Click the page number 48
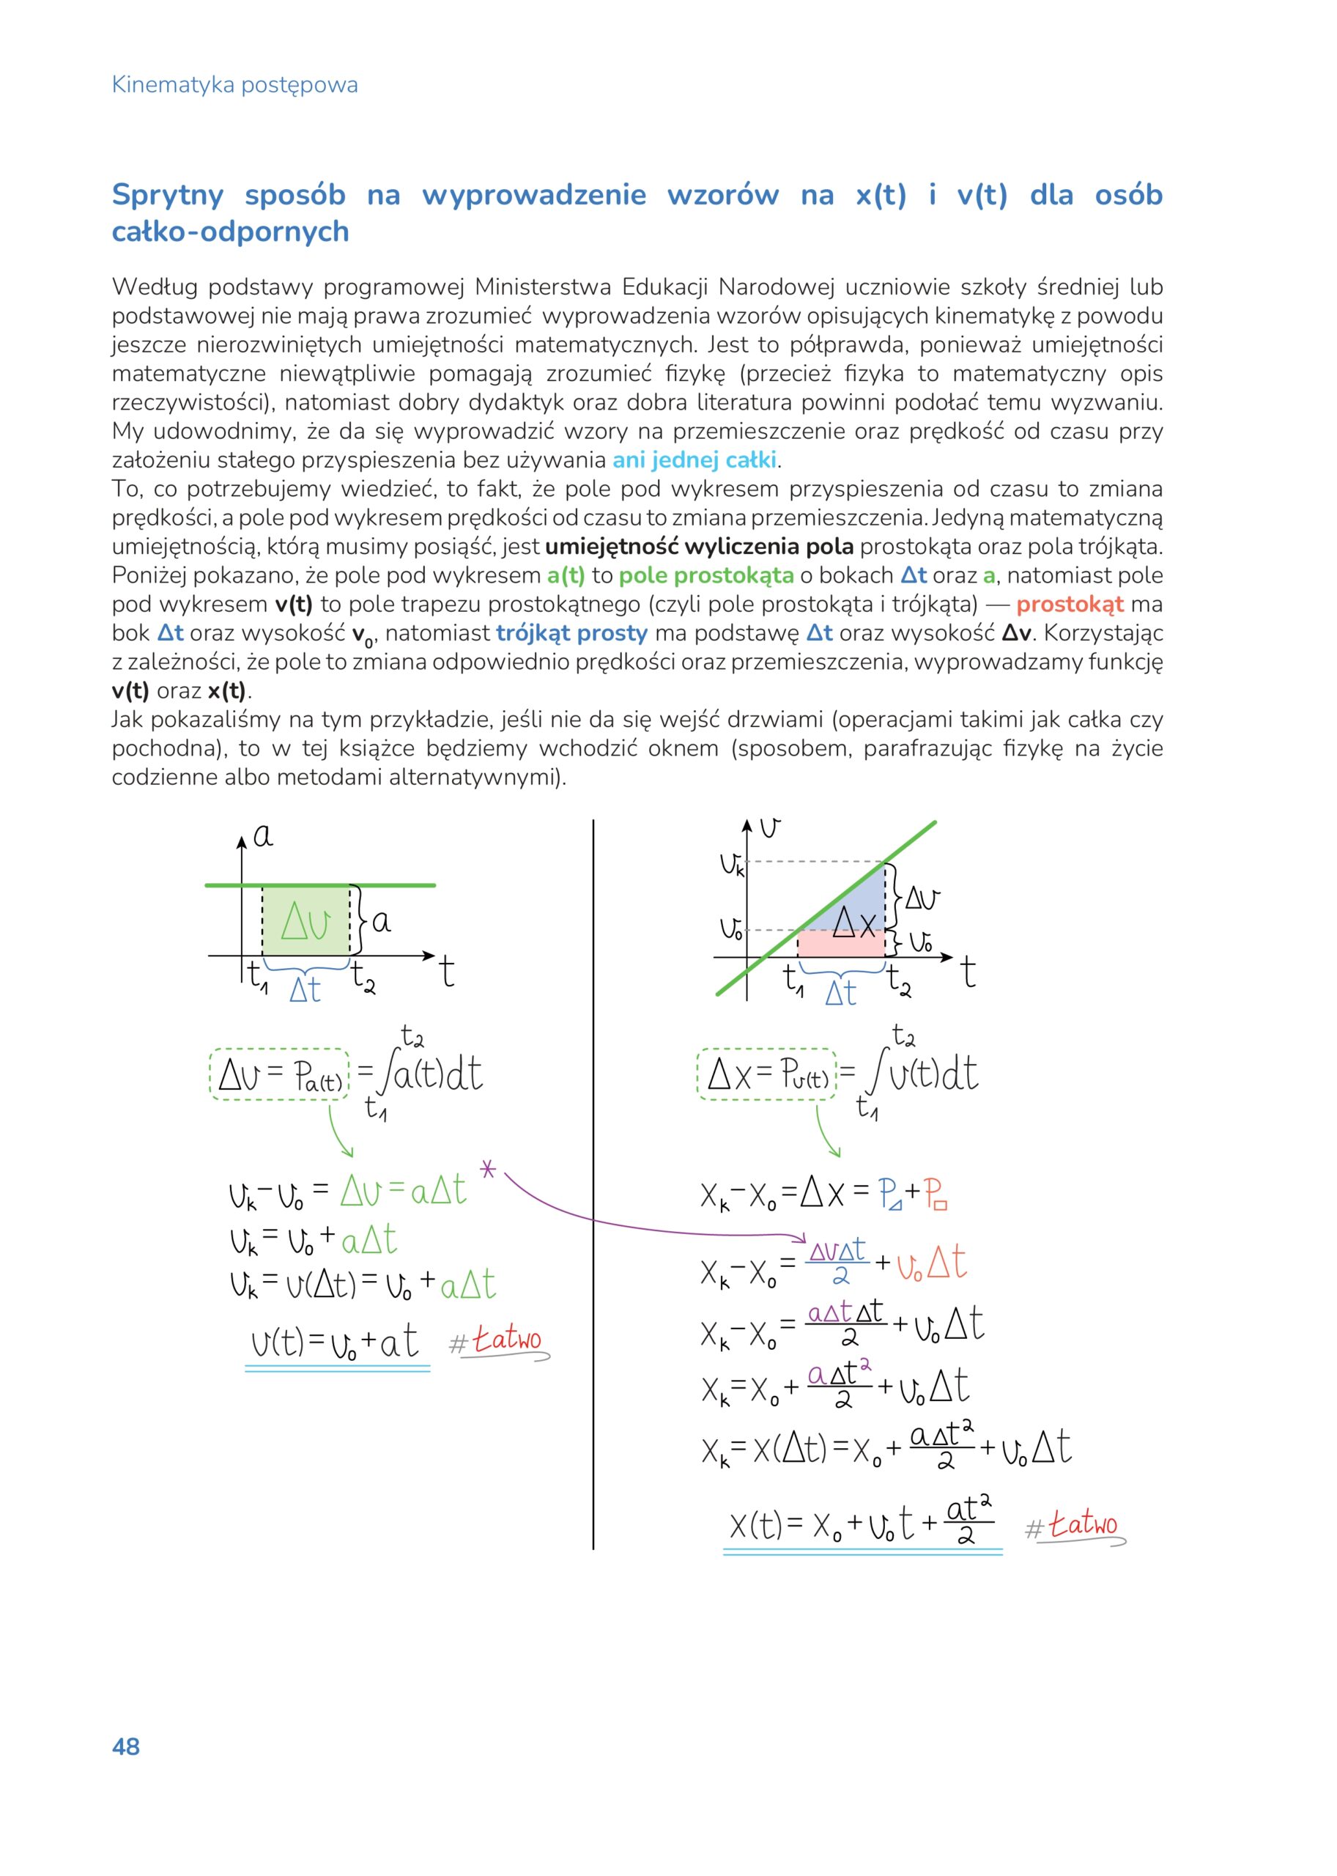(x=126, y=1747)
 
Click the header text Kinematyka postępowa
(x=234, y=85)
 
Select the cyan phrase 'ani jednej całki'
(x=694, y=459)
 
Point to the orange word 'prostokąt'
(x=1070, y=604)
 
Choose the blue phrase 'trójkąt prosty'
(x=571, y=632)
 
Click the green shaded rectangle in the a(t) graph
(x=305, y=920)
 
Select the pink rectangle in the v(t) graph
(x=840, y=944)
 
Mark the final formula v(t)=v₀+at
(x=335, y=1343)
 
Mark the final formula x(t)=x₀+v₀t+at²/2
(x=862, y=1526)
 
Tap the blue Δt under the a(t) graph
(x=305, y=990)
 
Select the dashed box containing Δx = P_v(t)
(x=766, y=1075)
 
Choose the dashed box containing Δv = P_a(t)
(x=279, y=1075)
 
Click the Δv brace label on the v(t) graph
(x=922, y=898)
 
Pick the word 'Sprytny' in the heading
(x=168, y=195)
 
